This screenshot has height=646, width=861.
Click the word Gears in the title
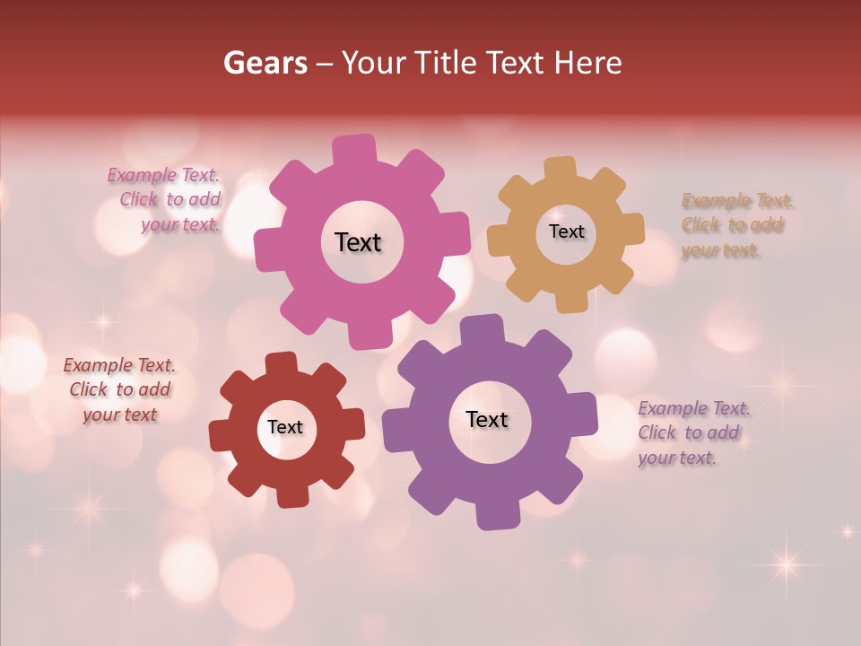click(265, 63)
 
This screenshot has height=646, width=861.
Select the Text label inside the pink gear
click(358, 242)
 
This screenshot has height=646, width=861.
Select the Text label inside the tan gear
click(566, 231)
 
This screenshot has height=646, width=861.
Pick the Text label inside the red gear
click(285, 427)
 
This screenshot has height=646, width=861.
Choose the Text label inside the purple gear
click(487, 419)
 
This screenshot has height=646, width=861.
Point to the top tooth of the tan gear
click(561, 170)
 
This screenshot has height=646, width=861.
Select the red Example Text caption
click(120, 389)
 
